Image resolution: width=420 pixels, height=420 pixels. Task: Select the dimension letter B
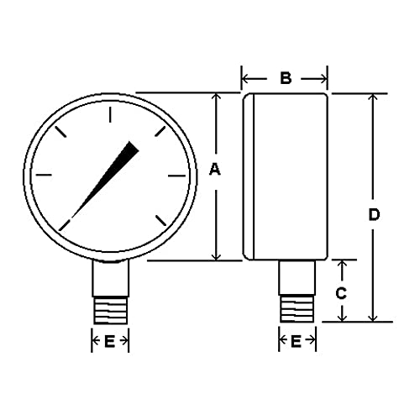tap(285, 78)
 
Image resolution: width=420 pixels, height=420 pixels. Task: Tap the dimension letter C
tap(341, 293)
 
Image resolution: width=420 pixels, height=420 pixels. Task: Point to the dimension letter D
tap(374, 214)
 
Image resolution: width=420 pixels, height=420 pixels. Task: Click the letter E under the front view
tap(109, 341)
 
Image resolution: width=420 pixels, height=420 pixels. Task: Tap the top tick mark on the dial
tap(109, 112)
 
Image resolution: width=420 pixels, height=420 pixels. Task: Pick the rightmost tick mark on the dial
tap(176, 176)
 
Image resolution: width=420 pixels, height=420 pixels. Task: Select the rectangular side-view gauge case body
tap(286, 176)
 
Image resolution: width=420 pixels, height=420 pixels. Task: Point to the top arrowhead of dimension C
tap(342, 265)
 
